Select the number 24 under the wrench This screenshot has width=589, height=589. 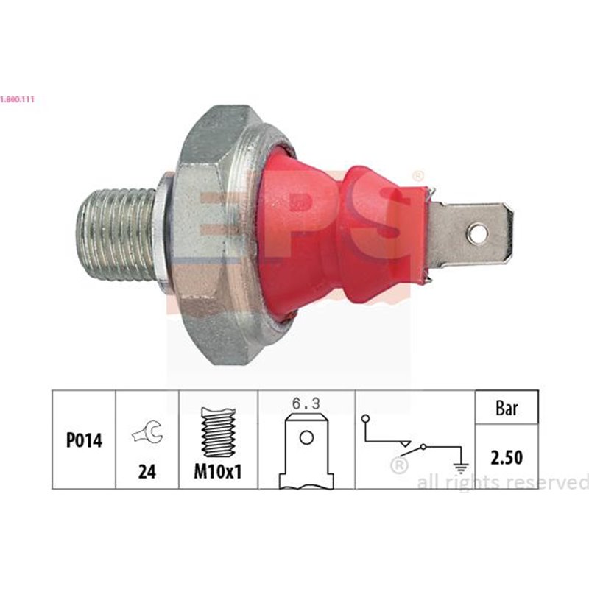click(x=147, y=472)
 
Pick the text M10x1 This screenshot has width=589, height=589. click(x=219, y=472)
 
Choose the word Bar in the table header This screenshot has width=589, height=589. click(x=507, y=407)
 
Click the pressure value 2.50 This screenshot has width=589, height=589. click(x=507, y=457)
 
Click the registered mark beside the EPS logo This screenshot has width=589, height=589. click(x=418, y=176)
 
